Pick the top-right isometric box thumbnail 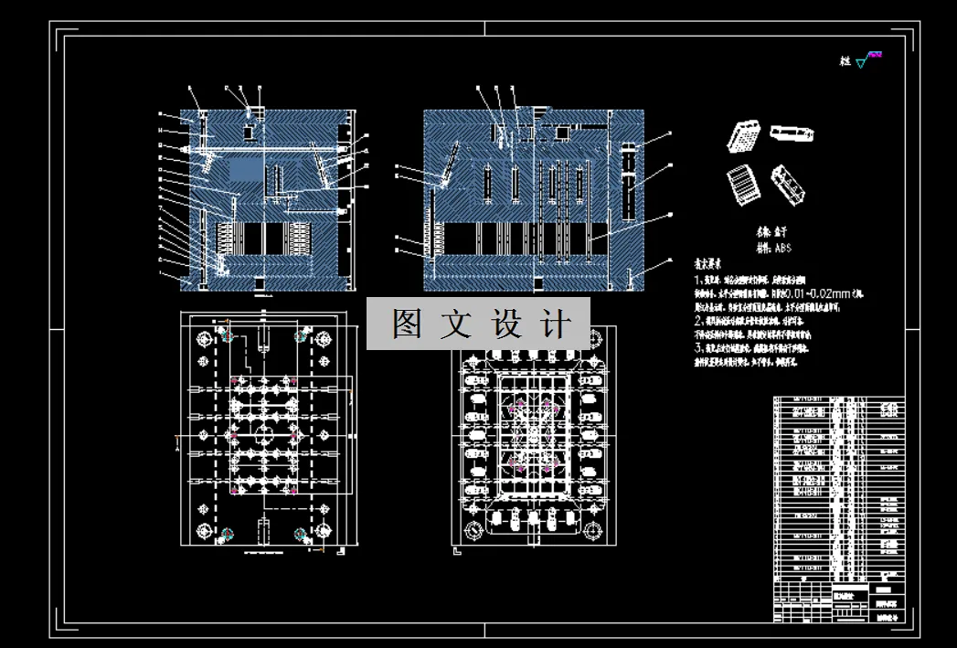[x=792, y=134]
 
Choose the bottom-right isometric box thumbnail [x=788, y=183]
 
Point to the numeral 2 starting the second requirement [x=697, y=322]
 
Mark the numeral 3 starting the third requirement [x=697, y=348]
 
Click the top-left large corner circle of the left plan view [x=204, y=338]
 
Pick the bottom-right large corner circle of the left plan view [x=324, y=531]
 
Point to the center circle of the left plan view [x=264, y=433]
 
